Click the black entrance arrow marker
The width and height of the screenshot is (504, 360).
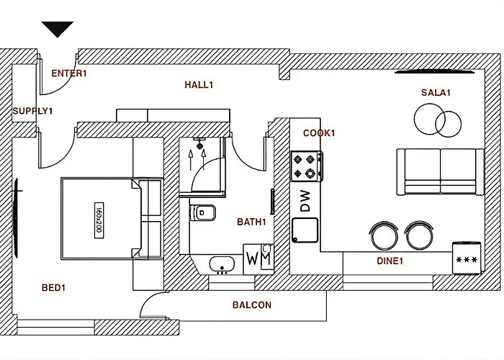click(x=58, y=29)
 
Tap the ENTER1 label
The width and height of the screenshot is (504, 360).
click(x=69, y=73)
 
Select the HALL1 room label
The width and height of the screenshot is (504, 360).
click(x=199, y=85)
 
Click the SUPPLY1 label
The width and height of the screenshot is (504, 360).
click(x=32, y=111)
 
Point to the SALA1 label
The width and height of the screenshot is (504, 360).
click(x=436, y=93)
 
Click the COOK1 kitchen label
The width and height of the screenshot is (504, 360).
click(x=319, y=133)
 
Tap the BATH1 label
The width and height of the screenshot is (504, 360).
click(x=251, y=222)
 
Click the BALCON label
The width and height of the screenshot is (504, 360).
click(x=252, y=305)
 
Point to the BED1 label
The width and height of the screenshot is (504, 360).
click(x=53, y=288)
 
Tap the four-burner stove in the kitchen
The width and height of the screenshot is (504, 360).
click(x=306, y=166)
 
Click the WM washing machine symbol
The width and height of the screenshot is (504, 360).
click(x=258, y=256)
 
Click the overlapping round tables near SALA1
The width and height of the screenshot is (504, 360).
click(x=438, y=119)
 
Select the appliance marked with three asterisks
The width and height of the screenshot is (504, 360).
click(x=466, y=258)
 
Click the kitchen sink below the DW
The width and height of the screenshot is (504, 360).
click(x=305, y=230)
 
